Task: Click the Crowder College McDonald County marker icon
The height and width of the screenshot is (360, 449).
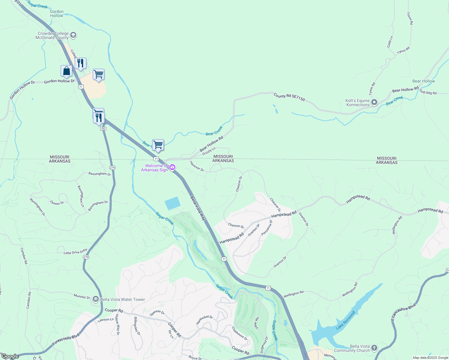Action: [x=73, y=35]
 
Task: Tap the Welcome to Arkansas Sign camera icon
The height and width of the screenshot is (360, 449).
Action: [x=172, y=167]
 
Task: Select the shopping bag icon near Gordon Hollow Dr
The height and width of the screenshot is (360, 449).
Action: [x=66, y=71]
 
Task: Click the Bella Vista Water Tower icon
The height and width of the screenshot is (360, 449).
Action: [x=96, y=299]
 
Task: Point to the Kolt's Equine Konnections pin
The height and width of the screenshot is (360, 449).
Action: [x=374, y=103]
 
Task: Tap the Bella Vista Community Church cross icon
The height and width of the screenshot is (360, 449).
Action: [x=374, y=348]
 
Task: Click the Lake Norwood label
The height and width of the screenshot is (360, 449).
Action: [x=345, y=320]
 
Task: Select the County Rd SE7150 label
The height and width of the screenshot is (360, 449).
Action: [x=289, y=97]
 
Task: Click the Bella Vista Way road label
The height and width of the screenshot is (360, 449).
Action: [x=198, y=208]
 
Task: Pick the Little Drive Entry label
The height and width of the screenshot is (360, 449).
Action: [x=75, y=252]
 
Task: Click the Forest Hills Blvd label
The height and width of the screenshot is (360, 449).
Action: [x=66, y=339]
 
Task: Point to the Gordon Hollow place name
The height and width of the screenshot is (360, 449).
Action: [x=57, y=13]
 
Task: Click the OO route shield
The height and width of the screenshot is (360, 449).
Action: [x=103, y=129]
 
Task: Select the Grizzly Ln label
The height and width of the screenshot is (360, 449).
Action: [x=209, y=151]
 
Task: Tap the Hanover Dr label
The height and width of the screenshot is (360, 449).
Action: [x=197, y=166]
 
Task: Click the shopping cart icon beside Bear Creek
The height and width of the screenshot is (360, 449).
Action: [x=158, y=145]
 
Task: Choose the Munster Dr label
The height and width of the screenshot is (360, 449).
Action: [x=82, y=296]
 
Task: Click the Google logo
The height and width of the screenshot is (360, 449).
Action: [x=10, y=356]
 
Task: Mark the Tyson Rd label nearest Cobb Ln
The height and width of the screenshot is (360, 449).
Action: [x=403, y=50]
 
